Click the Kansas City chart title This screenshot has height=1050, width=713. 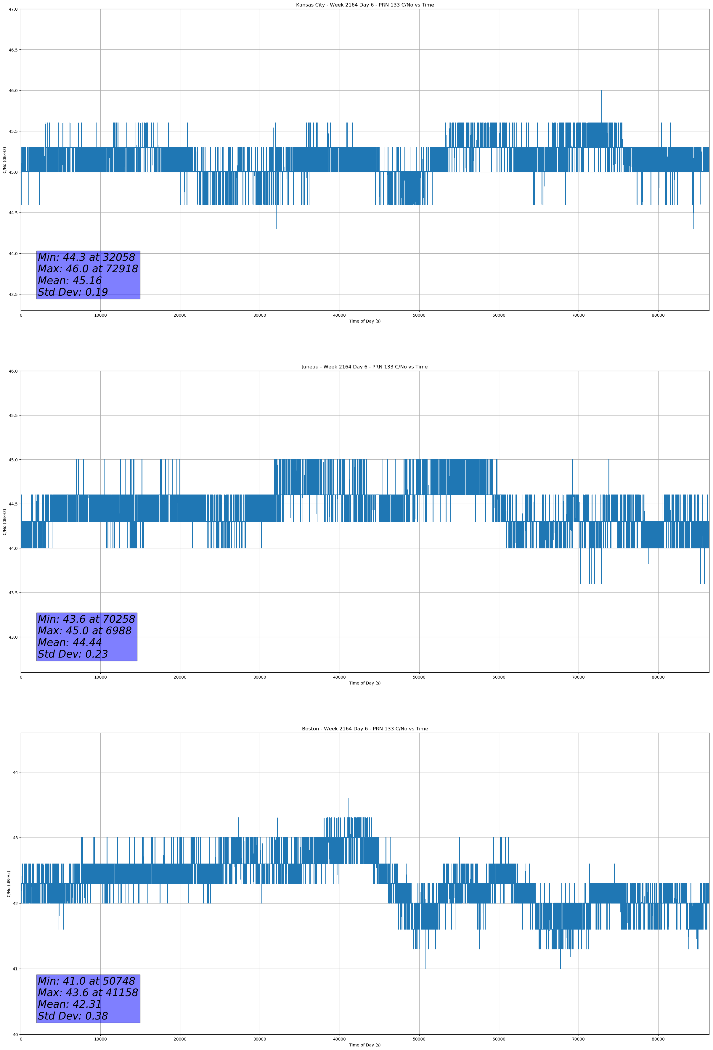tap(364, 5)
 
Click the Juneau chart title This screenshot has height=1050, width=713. tap(364, 367)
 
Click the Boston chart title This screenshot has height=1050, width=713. tap(364, 729)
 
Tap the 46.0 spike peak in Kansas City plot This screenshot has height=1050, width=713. tap(601, 91)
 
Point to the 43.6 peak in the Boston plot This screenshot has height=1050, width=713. tap(349, 799)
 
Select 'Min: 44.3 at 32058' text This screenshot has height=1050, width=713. tap(86, 257)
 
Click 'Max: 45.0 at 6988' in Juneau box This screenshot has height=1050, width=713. tap(85, 631)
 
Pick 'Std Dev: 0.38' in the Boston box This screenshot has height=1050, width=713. tap(73, 1016)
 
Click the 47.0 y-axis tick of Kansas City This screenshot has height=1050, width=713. tap(13, 9)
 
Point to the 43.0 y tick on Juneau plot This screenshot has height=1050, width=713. tap(13, 637)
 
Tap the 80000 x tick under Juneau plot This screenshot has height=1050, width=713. tap(658, 677)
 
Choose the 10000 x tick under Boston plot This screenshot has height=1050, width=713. tap(100, 1039)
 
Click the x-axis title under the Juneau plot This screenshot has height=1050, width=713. tap(364, 683)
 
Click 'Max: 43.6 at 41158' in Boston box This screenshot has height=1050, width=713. tap(88, 993)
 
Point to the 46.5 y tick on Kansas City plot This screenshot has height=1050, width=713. tap(13, 50)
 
